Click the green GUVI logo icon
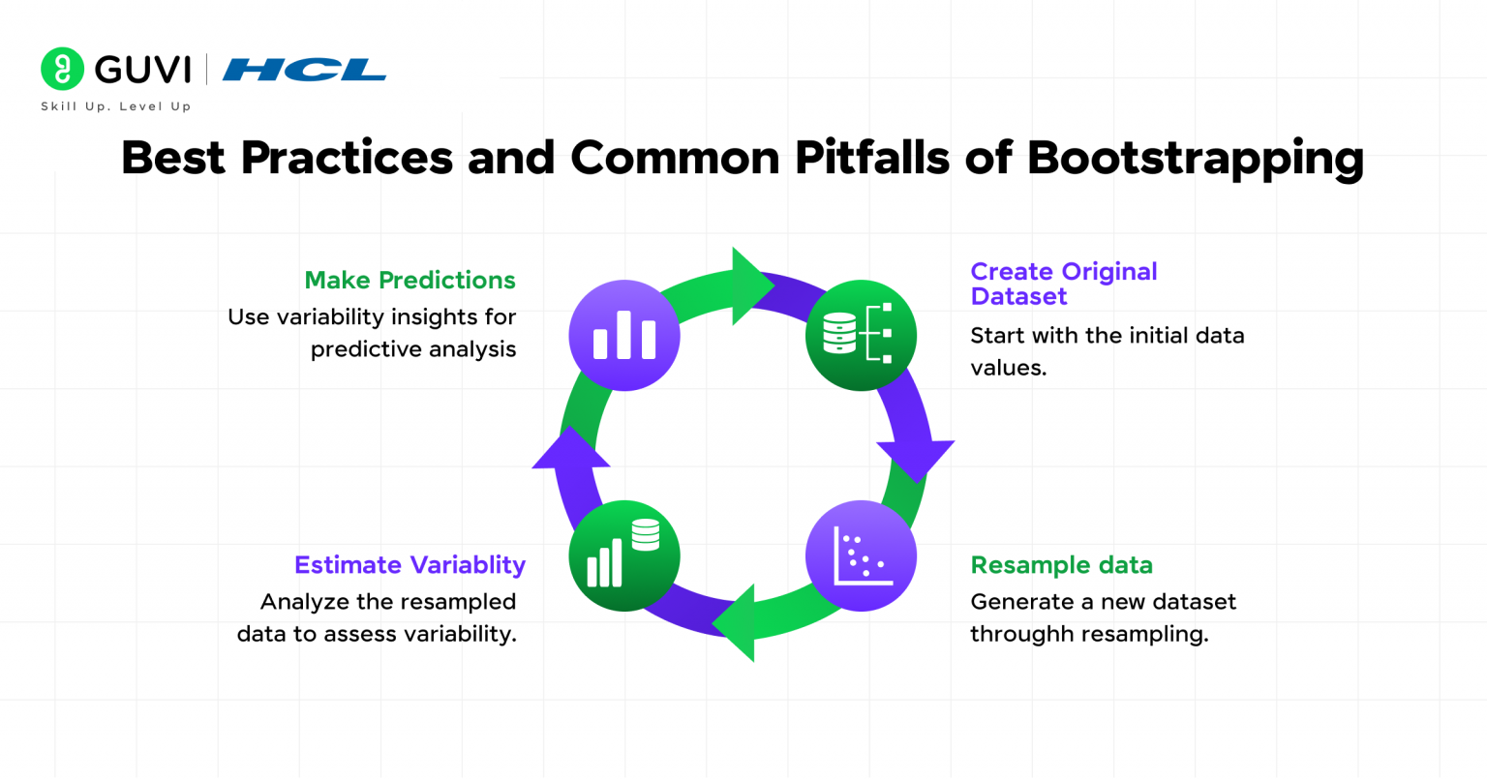pos(62,69)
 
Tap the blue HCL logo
pos(304,70)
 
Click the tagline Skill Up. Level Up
pos(115,106)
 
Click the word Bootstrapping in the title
pos(1195,158)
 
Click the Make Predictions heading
pos(410,281)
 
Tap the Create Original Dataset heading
pos(1063,284)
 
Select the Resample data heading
pos(1061,565)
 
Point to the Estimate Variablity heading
pos(410,565)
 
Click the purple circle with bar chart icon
pos(624,336)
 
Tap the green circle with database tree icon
pos(861,336)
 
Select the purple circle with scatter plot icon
pos(861,556)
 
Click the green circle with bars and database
pos(624,556)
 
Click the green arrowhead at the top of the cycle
pos(751,285)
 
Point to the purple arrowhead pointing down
pos(915,459)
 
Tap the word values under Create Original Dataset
pos(1007,368)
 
